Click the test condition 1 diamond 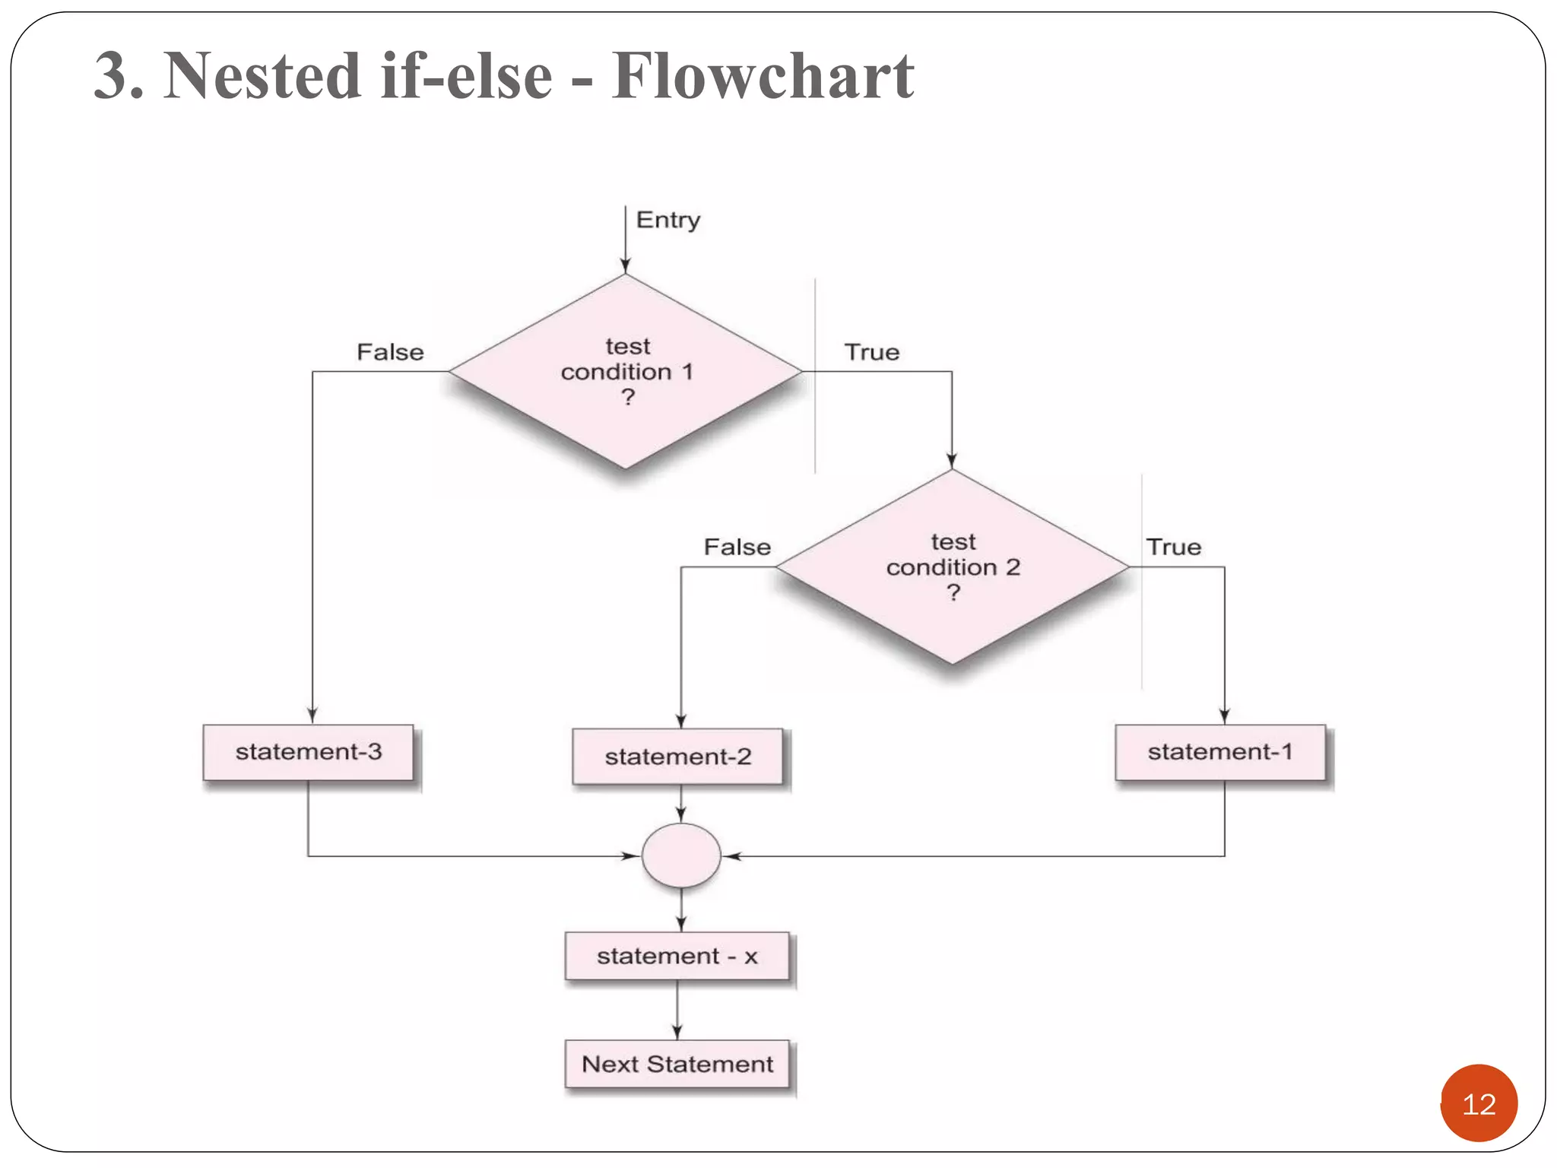[x=625, y=371]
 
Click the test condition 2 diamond [x=952, y=567]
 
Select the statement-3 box [x=308, y=752]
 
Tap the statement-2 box [x=677, y=757]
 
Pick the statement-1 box [x=1220, y=752]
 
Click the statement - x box [x=677, y=956]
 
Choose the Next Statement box [x=677, y=1064]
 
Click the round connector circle [x=681, y=855]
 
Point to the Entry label [x=668, y=220]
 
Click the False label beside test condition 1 [x=390, y=352]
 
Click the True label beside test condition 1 [x=871, y=352]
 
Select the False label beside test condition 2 [x=737, y=547]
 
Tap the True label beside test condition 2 [x=1173, y=547]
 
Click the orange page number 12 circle [x=1478, y=1103]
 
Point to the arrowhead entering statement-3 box [x=312, y=716]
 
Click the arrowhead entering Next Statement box [x=677, y=1032]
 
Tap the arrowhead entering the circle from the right [x=731, y=856]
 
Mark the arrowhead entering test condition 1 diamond [x=625, y=265]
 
